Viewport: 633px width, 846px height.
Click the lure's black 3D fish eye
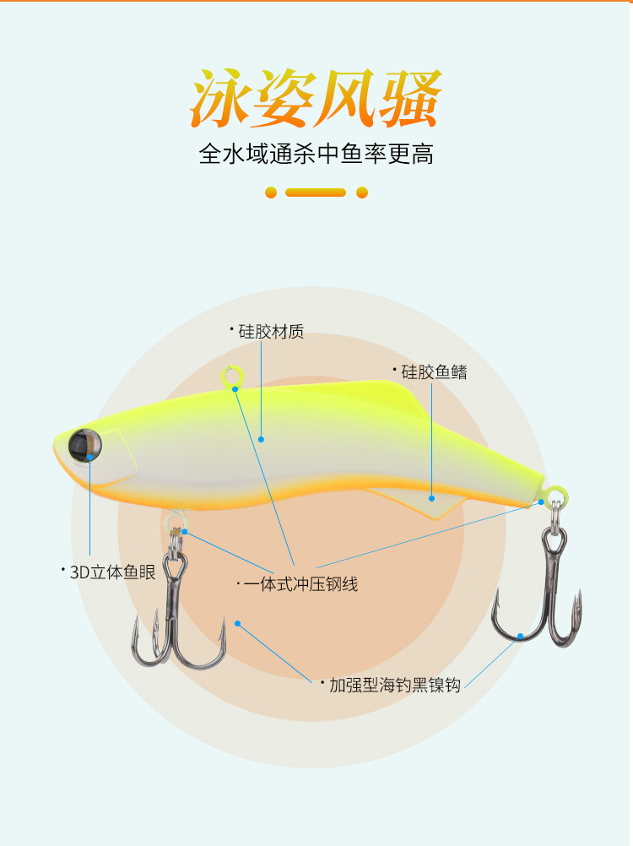click(x=84, y=442)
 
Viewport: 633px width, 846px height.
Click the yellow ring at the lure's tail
click(x=555, y=494)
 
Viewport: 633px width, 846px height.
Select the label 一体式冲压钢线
click(x=300, y=583)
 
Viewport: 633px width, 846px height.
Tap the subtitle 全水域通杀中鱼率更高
click(x=316, y=155)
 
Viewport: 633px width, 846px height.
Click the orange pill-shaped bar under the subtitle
click(x=316, y=193)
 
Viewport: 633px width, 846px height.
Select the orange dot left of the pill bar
click(x=271, y=193)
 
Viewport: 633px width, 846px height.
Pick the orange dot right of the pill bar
click(x=362, y=193)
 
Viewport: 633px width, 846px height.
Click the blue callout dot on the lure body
click(x=262, y=439)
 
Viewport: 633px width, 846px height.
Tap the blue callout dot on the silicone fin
click(x=431, y=499)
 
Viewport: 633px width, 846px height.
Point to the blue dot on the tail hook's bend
click(x=521, y=636)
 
